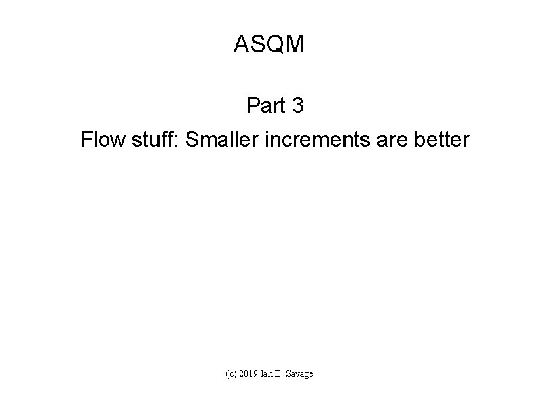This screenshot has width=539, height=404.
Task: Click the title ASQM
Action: coord(269,45)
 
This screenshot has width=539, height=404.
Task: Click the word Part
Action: coord(265,106)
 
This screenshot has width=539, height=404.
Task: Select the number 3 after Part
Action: coord(297,106)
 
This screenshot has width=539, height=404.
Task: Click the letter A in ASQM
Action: coord(241,45)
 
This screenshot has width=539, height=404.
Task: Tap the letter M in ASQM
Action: coord(295,45)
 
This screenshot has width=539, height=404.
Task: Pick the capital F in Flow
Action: coord(86,141)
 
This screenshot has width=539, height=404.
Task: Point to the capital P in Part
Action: coord(253,106)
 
